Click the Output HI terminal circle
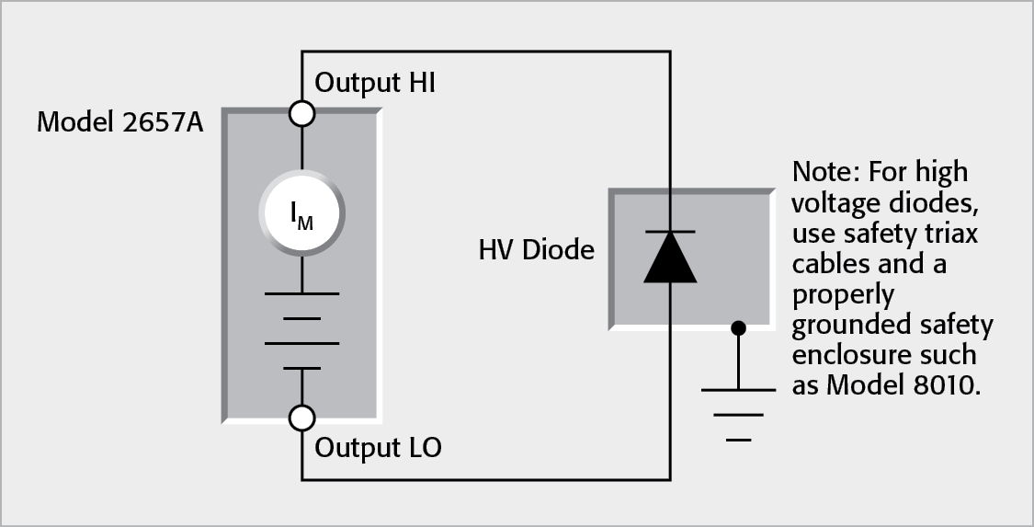click(301, 113)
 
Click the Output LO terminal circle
click(301, 418)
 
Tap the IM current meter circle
click(301, 213)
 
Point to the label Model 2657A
click(119, 121)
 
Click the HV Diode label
click(536, 249)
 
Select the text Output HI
click(375, 83)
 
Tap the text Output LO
click(378, 448)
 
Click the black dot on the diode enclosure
click(738, 327)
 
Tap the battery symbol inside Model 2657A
click(301, 329)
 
